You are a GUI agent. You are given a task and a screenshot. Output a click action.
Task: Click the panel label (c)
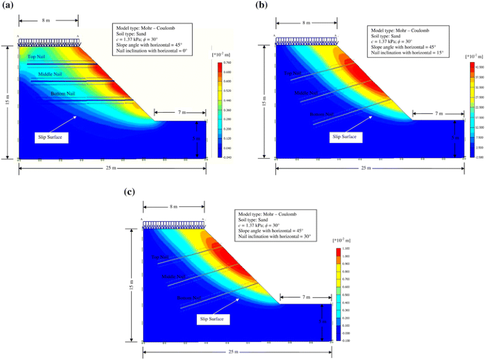[131, 190]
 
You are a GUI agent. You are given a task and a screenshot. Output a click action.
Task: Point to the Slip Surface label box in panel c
[212, 319]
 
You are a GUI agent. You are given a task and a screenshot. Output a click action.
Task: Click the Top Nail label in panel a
[36, 56]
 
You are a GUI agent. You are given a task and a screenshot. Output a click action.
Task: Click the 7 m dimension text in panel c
[306, 297]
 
